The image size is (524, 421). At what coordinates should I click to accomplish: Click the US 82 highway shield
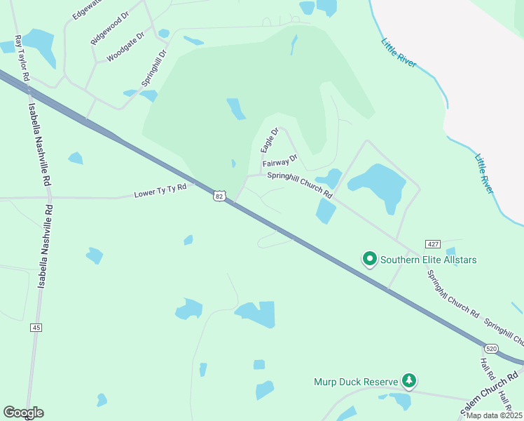coord(220,196)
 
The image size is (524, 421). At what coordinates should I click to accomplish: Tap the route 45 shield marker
coord(36,328)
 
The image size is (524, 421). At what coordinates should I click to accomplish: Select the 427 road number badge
coord(432,243)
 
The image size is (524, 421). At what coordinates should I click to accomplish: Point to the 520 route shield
coord(491,348)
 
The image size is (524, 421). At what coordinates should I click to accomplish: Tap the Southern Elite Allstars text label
coord(428,260)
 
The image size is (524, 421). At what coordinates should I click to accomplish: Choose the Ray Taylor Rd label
coord(21,58)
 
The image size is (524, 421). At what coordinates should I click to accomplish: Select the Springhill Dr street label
coord(155,67)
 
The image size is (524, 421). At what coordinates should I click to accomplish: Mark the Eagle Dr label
coord(270,140)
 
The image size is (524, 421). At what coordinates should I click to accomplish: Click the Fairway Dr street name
coord(280,162)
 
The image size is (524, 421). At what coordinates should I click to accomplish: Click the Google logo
coord(23,413)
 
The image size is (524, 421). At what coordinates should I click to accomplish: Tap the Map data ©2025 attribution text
coord(493,415)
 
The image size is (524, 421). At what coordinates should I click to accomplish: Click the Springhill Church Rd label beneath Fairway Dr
coord(299,181)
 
